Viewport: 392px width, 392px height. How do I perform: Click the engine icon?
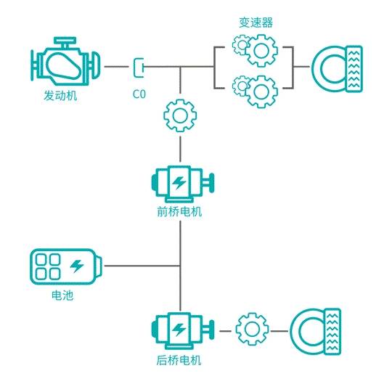pos(65,65)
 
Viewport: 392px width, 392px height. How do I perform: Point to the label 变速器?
pos(256,23)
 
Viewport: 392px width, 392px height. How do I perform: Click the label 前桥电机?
pos(179,213)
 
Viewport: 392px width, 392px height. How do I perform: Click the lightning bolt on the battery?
pos(77,266)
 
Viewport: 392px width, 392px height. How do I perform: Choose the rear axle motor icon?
pos(179,330)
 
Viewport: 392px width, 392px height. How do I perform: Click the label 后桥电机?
pos(179,361)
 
